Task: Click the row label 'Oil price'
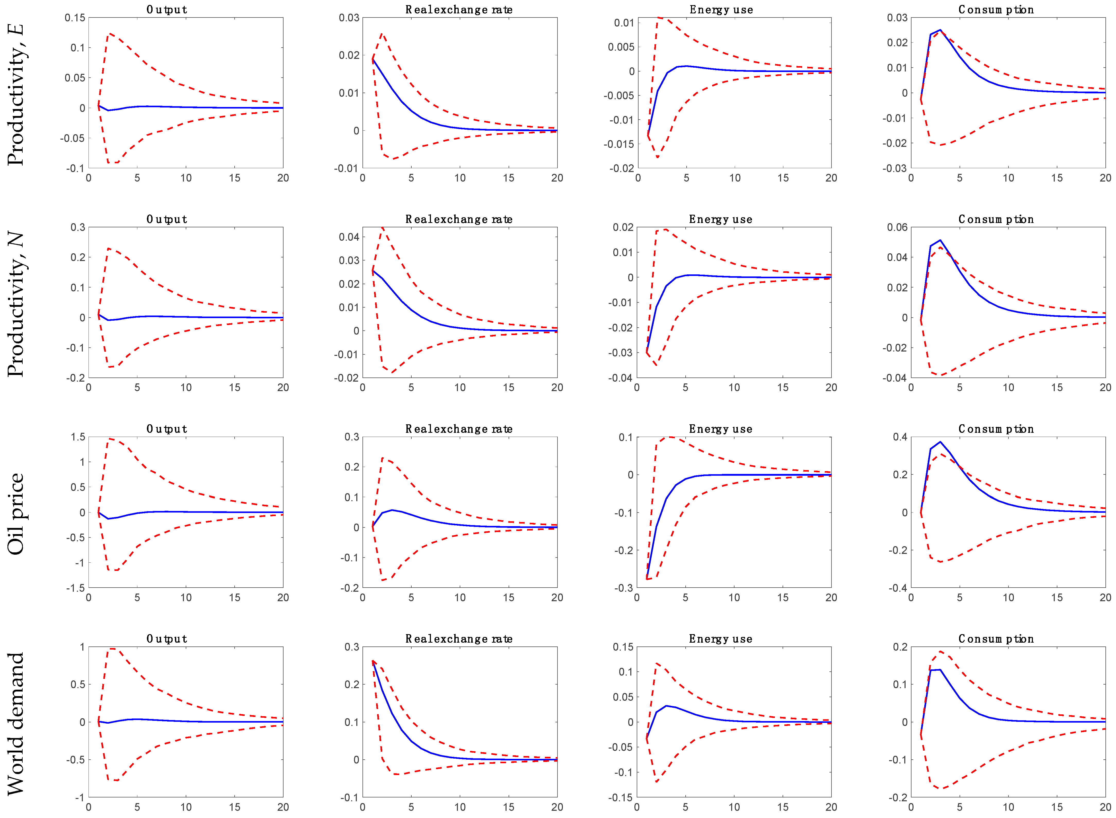16,514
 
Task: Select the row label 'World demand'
16,723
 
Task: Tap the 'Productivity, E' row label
16,94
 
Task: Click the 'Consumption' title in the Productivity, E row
996,10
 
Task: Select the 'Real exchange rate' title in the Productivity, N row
459,219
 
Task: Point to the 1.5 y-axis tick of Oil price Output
78,437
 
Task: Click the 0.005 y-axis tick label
621,47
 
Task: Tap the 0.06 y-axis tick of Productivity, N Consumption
897,227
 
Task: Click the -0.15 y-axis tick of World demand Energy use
621,797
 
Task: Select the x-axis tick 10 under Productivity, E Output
186,178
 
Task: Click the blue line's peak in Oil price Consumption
940,442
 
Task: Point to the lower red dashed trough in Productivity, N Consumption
940,375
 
